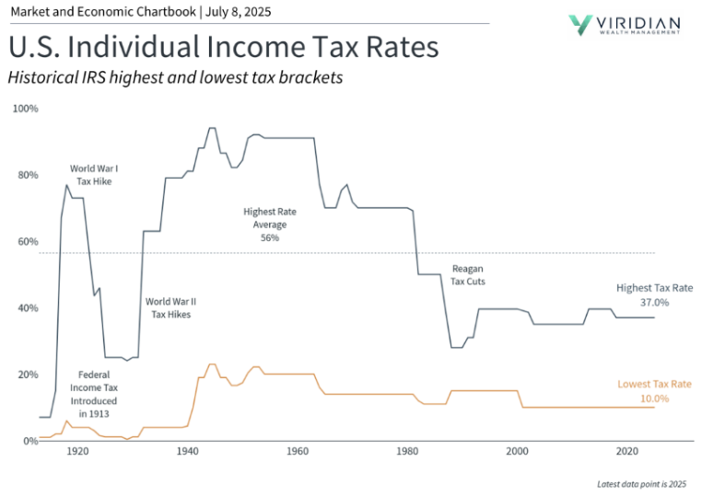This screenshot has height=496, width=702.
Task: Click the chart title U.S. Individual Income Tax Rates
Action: click(222, 47)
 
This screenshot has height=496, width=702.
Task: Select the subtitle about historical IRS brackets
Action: click(175, 78)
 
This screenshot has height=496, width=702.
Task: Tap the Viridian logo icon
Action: click(583, 23)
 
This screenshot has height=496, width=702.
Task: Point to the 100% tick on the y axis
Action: click(25, 109)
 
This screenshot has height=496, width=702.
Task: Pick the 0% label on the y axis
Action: click(29, 442)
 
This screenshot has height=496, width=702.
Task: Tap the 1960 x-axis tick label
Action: click(298, 453)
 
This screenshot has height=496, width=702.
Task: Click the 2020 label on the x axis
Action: click(627, 453)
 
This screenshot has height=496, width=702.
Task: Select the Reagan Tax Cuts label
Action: click(468, 275)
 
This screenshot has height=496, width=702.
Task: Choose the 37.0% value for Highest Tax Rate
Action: click(655, 302)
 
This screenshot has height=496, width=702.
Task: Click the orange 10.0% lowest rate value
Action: click(655, 398)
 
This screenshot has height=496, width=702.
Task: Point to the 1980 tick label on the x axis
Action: click(407, 453)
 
